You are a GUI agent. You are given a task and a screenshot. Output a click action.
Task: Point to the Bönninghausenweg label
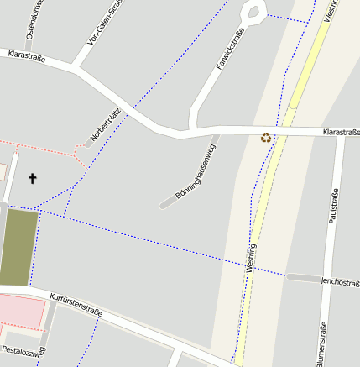[x=196, y=171]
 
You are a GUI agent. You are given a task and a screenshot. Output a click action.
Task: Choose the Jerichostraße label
[x=340, y=281]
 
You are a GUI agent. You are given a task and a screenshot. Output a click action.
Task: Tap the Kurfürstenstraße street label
[x=76, y=304]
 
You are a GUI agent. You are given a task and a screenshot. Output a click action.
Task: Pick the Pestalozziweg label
[x=23, y=349]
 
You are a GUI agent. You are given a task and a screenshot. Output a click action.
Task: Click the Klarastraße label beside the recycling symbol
[x=342, y=132]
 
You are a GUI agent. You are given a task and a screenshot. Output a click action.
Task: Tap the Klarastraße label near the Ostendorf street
[x=25, y=55]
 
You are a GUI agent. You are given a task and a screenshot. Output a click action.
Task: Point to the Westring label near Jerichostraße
[x=251, y=256]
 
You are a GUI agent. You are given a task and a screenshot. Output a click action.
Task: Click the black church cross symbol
[x=34, y=178]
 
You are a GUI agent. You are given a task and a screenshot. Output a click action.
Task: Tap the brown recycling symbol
[x=266, y=138]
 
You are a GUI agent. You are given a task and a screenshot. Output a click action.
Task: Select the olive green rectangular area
[x=19, y=248]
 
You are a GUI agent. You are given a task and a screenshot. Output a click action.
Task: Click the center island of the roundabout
[x=253, y=12]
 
